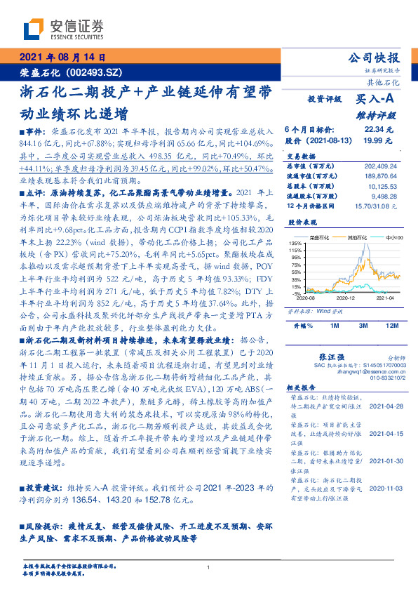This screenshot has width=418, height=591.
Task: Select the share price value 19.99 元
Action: (379, 141)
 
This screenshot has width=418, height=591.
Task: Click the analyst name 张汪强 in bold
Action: (330, 358)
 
